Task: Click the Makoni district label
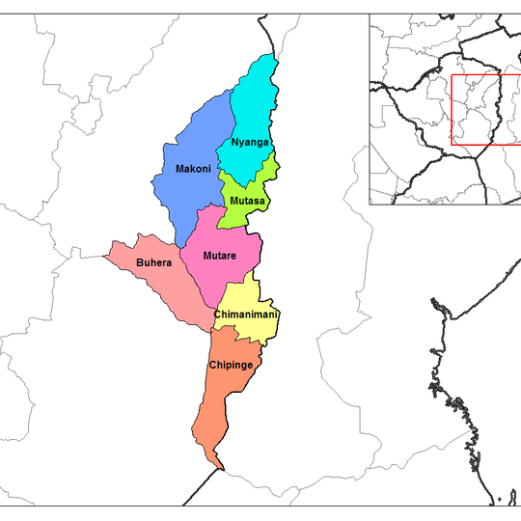193,169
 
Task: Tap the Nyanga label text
250,143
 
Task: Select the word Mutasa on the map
248,201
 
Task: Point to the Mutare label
220,256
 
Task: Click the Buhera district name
153,261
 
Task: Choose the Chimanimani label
246,315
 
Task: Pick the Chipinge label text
232,365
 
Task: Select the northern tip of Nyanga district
274,57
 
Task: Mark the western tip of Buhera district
105,257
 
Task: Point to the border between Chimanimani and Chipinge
236,333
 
